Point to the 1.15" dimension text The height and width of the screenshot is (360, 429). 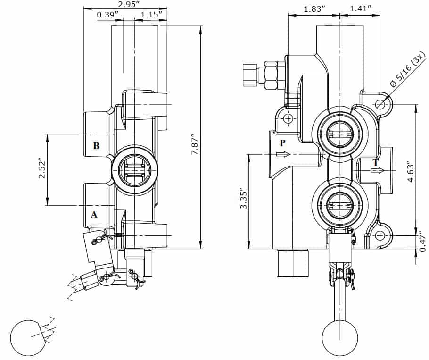[x=149, y=14]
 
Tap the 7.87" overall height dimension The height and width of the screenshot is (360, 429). [x=195, y=144]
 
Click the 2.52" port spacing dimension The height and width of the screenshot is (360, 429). [x=41, y=168]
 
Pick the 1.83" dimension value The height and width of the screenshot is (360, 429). [x=314, y=9]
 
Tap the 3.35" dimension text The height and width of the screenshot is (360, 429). [x=244, y=198]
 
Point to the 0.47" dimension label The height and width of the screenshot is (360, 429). [x=423, y=242]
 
